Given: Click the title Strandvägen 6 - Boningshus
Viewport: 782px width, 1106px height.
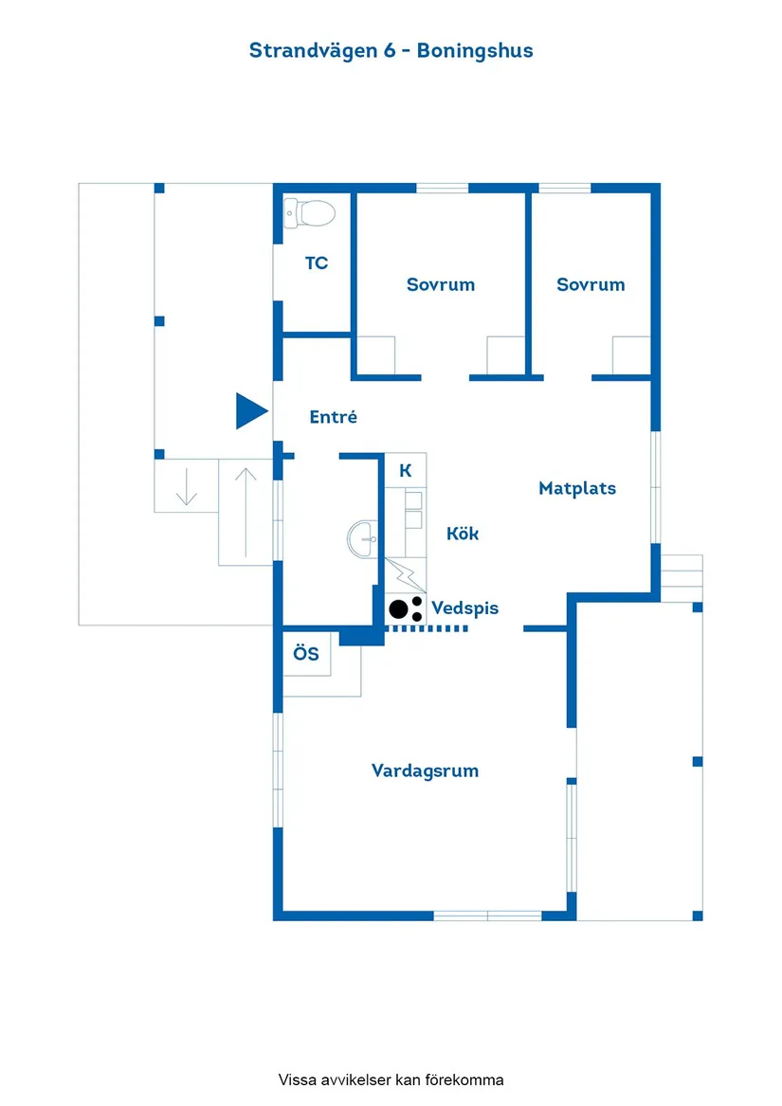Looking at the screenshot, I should (x=391, y=50).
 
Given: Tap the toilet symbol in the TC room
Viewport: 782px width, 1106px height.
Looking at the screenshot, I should (x=310, y=213).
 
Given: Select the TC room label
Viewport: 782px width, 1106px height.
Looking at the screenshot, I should (x=317, y=263).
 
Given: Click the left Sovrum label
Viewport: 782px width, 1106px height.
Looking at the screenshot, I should (x=441, y=284).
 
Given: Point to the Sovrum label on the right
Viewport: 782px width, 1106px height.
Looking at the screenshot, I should (x=591, y=284).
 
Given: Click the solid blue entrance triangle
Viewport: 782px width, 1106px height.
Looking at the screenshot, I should (x=251, y=411).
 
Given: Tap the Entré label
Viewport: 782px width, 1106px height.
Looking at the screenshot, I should (x=334, y=416).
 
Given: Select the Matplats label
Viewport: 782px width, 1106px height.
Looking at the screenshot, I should (x=577, y=488).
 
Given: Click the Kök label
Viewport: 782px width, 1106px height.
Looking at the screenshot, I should (x=463, y=534).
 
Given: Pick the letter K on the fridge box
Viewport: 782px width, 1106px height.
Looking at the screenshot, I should (x=405, y=470).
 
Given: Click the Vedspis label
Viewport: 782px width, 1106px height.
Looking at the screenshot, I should (x=464, y=607).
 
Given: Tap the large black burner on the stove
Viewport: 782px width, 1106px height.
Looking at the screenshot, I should (x=399, y=608).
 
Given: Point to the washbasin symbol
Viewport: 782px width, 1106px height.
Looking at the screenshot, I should (x=363, y=539).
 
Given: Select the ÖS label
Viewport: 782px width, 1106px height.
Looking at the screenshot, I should (x=306, y=654).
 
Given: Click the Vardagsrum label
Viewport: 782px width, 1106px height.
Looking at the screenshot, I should (x=425, y=771).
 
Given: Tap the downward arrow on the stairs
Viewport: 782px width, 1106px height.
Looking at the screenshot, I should (x=187, y=485).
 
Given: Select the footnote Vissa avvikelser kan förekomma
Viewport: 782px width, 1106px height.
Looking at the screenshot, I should (x=391, y=1079).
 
